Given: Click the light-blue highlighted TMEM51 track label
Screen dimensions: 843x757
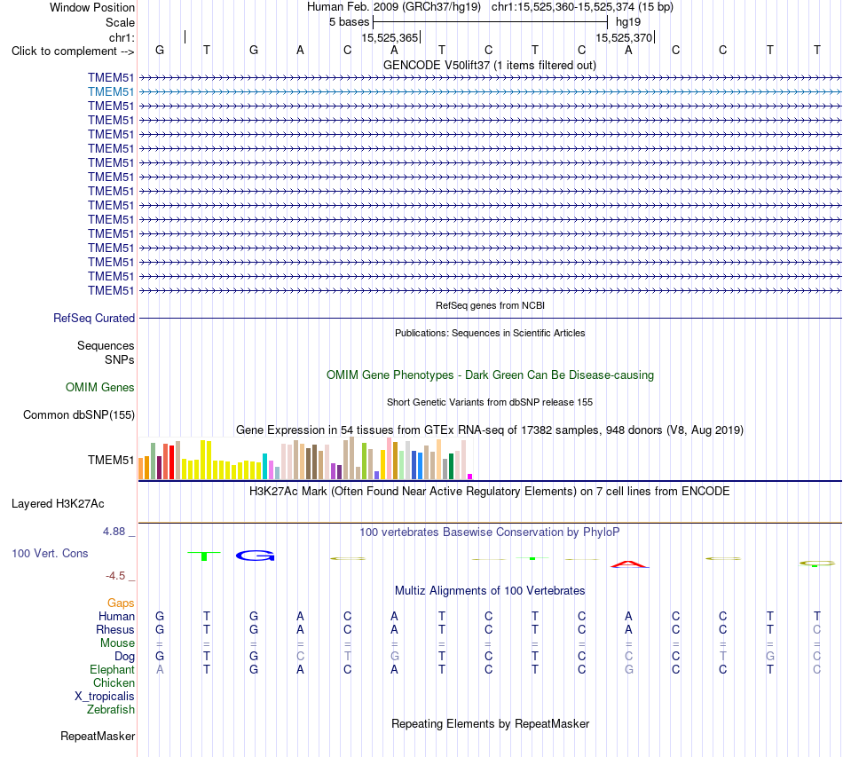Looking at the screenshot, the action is (x=111, y=92).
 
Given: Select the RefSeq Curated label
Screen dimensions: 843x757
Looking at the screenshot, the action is (x=94, y=319).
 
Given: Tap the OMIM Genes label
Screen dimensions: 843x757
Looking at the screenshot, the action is (x=100, y=388).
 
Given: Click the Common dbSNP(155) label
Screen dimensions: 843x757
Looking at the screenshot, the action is (x=79, y=415).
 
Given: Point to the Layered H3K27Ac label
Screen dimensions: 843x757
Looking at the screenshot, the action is (x=58, y=504).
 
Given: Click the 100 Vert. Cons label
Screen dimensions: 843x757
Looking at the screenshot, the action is (x=50, y=553).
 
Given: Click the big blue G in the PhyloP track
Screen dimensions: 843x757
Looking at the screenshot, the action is (x=256, y=556).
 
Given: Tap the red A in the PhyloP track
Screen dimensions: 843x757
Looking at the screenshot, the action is (x=629, y=564).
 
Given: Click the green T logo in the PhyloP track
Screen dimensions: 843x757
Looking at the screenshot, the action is (x=204, y=556).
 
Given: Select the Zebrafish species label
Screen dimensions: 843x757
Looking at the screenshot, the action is (x=111, y=710).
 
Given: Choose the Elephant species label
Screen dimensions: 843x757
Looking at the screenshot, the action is (x=113, y=670).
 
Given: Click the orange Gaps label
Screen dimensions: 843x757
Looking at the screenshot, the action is (x=121, y=603).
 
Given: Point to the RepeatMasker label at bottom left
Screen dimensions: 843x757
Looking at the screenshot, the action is (x=98, y=736).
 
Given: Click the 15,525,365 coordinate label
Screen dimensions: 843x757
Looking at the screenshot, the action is (x=390, y=37).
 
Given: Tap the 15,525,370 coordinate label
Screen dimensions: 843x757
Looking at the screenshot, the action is (x=624, y=37).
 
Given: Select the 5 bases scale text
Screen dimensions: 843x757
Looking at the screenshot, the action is (x=350, y=22).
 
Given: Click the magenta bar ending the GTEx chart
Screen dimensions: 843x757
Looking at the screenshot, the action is (x=470, y=477).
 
